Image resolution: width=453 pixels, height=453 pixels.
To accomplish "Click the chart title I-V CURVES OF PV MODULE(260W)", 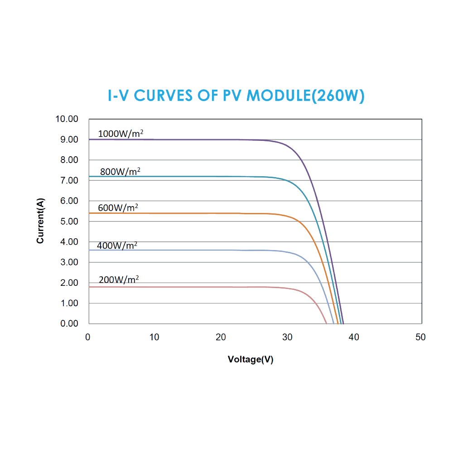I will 236,96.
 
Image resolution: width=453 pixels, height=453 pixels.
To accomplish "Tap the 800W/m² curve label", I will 120,171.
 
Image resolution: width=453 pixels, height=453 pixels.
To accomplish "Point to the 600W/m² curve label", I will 118,208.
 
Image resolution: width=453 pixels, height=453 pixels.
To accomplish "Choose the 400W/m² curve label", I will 117,246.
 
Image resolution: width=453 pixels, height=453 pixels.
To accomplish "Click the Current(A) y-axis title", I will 41,221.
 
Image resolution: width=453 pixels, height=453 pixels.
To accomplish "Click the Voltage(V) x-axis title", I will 251,360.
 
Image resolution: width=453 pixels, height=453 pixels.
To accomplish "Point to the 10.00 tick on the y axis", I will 67,119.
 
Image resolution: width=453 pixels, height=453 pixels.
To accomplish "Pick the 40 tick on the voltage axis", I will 354,337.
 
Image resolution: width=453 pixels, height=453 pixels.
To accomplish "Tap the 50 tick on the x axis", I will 420,337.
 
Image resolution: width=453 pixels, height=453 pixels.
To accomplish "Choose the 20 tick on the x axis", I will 221,337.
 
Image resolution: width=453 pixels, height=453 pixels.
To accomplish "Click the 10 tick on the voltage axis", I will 154,337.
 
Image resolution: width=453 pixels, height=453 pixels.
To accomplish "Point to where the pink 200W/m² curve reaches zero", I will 326,323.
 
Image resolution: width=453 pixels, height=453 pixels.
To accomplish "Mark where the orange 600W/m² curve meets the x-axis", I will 338,323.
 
